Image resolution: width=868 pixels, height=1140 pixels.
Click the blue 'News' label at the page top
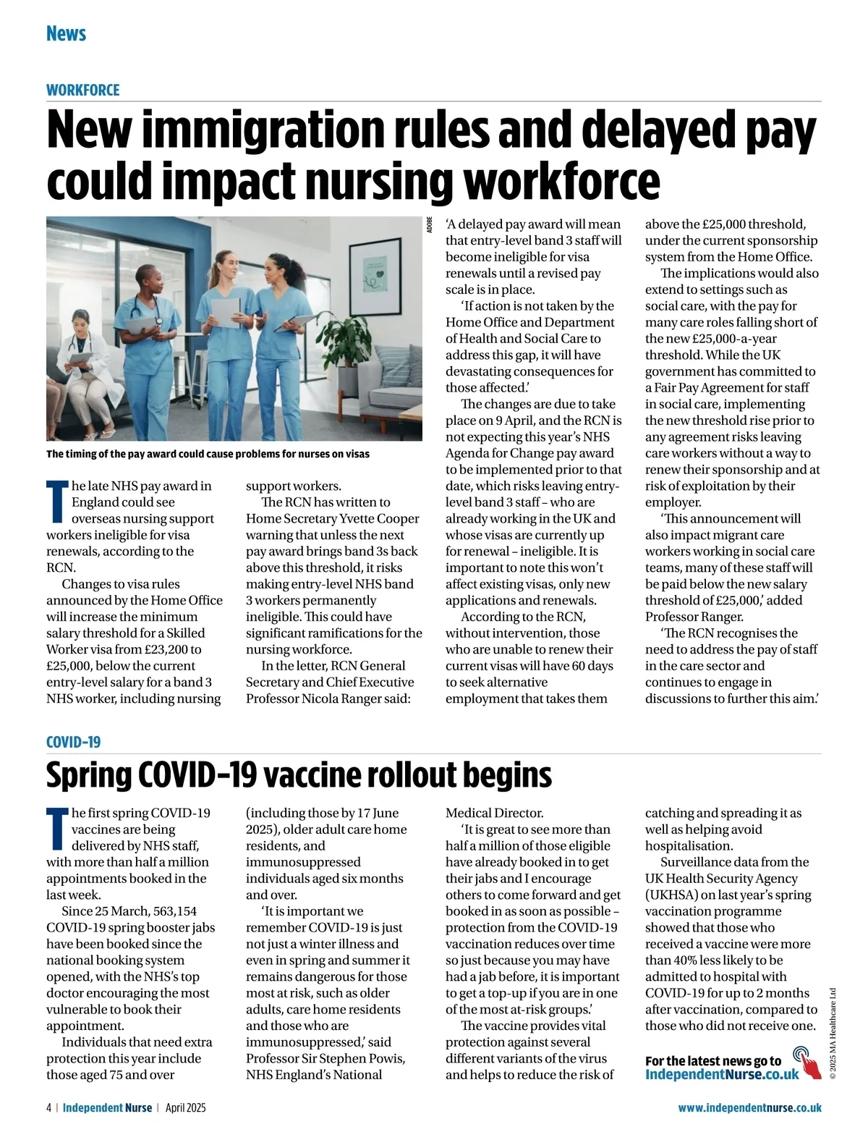tap(66, 33)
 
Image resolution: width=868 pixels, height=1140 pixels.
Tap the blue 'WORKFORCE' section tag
tap(82, 90)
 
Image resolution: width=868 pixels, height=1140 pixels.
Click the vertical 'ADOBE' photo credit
tap(430, 224)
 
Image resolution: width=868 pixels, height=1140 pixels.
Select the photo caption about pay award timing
tap(208, 454)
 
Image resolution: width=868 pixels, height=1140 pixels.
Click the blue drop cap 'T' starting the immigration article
tap(58, 501)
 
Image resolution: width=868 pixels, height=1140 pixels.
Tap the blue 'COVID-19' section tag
tap(73, 742)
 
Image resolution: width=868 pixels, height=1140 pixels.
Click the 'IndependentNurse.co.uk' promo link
tap(722, 1074)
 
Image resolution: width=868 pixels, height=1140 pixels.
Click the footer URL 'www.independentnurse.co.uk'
tap(749, 1107)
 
